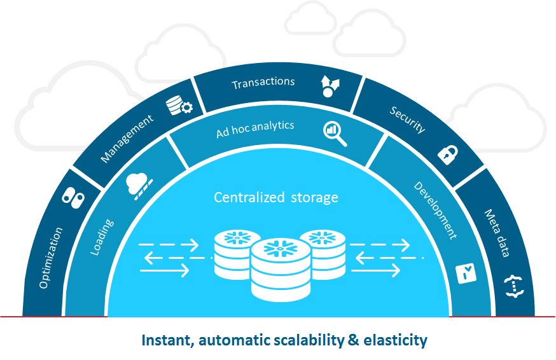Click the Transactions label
263,83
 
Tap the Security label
408,118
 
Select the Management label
127,138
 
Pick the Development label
435,210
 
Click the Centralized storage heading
276,197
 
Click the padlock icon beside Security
448,153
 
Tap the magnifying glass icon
335,132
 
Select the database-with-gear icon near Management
178,106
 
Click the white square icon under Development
467,273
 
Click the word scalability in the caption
302,340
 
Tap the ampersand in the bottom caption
354,340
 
